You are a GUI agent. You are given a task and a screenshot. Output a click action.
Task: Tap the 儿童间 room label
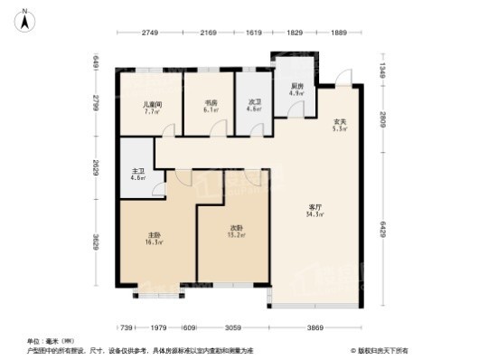(151, 105)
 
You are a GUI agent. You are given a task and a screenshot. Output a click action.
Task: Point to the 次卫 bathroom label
(254, 104)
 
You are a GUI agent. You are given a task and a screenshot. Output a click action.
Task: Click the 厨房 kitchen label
(296, 85)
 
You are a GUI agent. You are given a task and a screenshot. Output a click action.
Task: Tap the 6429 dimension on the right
(382, 235)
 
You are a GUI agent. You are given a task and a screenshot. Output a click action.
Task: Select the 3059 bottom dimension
(232, 327)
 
